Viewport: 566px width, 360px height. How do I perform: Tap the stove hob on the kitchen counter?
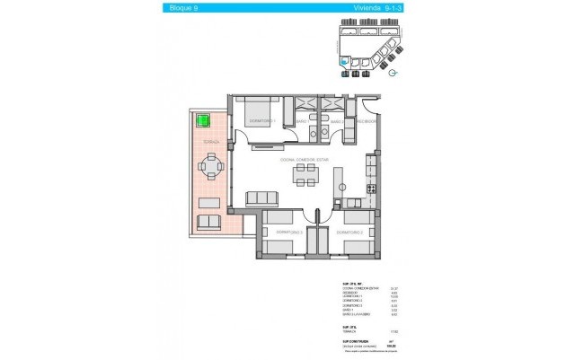[x=370, y=167]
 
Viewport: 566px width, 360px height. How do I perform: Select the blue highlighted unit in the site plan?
[x=342, y=62]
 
